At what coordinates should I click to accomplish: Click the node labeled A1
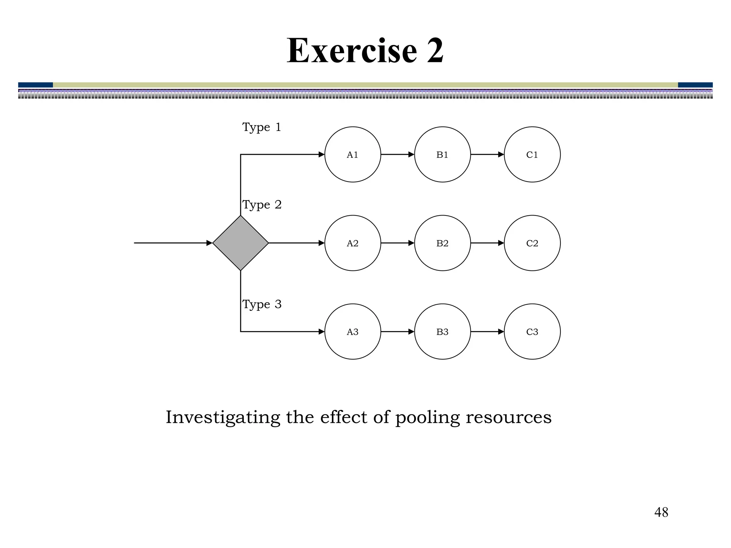pyautogui.click(x=353, y=154)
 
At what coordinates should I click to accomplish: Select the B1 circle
pyautogui.click(x=442, y=154)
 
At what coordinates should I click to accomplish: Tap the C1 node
pyautogui.click(x=532, y=154)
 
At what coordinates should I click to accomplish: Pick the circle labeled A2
pyautogui.click(x=353, y=243)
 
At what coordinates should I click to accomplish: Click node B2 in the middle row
pyautogui.click(x=442, y=243)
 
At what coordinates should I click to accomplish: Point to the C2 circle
pyautogui.click(x=532, y=243)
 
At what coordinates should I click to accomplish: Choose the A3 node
pyautogui.click(x=353, y=331)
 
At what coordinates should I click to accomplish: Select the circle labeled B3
pyautogui.click(x=442, y=331)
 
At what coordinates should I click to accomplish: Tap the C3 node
pyautogui.click(x=532, y=331)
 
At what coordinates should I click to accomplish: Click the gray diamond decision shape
pyautogui.click(x=241, y=243)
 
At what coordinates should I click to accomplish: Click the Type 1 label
pyautogui.click(x=262, y=127)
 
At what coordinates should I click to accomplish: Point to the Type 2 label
pyautogui.click(x=262, y=205)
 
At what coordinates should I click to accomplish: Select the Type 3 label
pyautogui.click(x=262, y=304)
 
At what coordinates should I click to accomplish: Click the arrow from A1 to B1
pyautogui.click(x=397, y=154)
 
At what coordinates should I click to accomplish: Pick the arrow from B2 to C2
pyautogui.click(x=487, y=243)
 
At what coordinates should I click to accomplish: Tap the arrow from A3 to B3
pyautogui.click(x=397, y=331)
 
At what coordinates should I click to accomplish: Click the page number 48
pyautogui.click(x=661, y=512)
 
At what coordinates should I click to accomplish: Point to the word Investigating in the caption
pyautogui.click(x=223, y=417)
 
